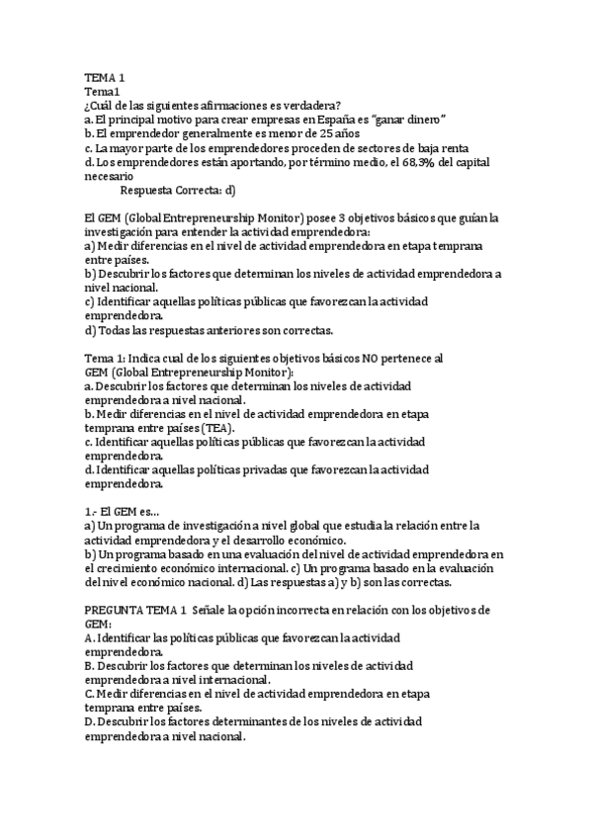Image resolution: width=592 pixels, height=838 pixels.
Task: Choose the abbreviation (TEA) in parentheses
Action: pyautogui.click(x=217, y=429)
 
